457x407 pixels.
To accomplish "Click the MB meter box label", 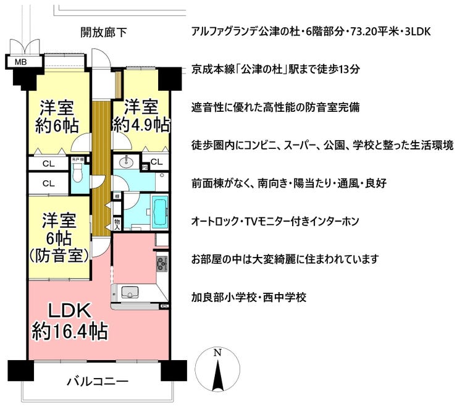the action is (21, 62).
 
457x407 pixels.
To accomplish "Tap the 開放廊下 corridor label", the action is (104, 32).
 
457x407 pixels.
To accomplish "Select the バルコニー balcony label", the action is (98, 381).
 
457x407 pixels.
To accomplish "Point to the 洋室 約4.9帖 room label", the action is (141, 115).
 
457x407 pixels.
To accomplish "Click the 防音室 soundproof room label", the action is (59, 256).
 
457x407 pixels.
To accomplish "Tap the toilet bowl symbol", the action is (78, 172).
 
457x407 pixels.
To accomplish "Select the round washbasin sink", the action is (126, 162).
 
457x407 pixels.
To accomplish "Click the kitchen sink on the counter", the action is (130, 292).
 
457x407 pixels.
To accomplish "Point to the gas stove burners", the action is (162, 264).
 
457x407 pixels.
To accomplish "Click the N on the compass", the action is (217, 353).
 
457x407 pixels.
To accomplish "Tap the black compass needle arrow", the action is (217, 375).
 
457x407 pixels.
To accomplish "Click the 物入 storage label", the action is (117, 224).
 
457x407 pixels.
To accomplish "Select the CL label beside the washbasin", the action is (156, 162).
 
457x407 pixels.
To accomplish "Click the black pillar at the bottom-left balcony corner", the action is (20, 371).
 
